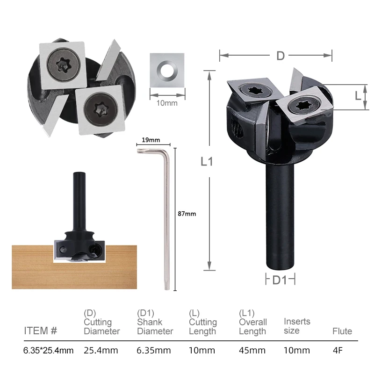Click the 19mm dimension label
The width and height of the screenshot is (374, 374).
click(x=151, y=140)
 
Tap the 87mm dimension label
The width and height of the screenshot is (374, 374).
click(x=187, y=214)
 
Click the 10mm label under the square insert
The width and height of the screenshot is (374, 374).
click(x=167, y=103)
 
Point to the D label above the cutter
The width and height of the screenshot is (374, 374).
click(x=280, y=56)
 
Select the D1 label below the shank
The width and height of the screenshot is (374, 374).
click(x=280, y=280)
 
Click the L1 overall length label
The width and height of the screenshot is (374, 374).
click(x=207, y=161)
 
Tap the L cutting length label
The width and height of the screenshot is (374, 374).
click(x=358, y=96)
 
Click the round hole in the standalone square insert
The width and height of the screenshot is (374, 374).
click(x=167, y=71)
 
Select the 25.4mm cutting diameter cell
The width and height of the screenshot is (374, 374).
click(x=101, y=350)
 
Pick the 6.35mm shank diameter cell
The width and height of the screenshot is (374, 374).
click(x=154, y=350)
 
